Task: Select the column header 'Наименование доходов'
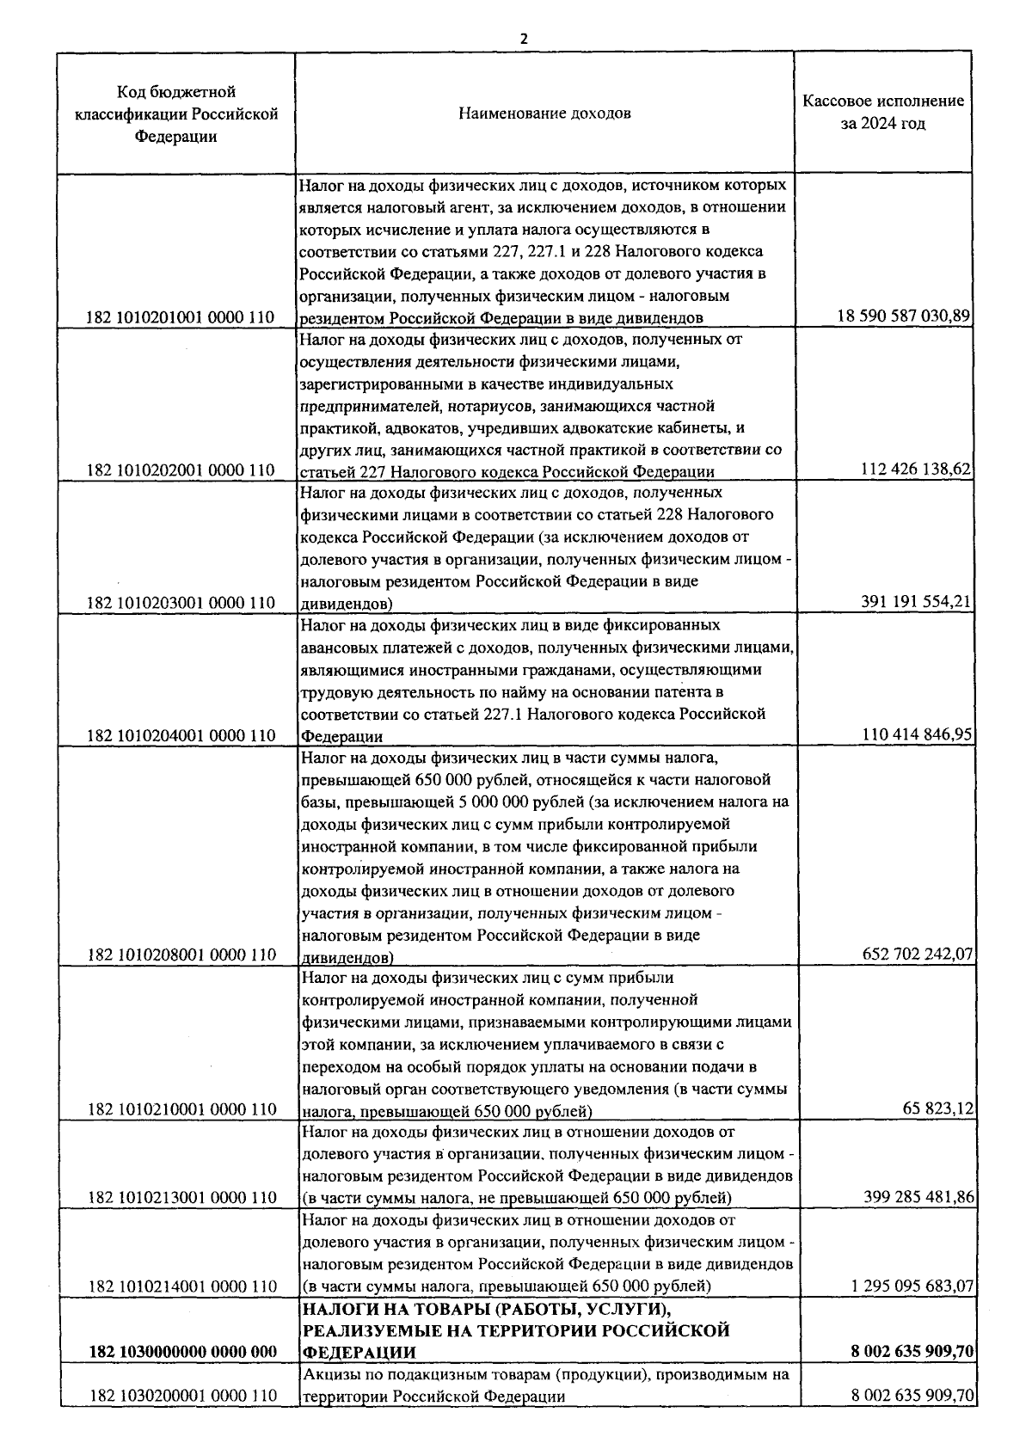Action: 544,113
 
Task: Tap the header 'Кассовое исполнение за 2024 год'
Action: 883,112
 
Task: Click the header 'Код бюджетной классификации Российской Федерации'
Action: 176,114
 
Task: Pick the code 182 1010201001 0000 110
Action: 181,318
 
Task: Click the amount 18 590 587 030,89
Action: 904,316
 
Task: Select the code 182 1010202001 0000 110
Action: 181,470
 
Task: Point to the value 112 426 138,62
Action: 916,470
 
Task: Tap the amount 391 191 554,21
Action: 916,602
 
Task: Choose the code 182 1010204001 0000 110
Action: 181,735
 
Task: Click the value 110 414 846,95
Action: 916,734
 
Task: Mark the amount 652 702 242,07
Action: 916,955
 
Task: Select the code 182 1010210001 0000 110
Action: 181,1109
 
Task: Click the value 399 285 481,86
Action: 916,1197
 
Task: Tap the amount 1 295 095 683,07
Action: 912,1286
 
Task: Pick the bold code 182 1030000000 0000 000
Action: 182,1376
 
